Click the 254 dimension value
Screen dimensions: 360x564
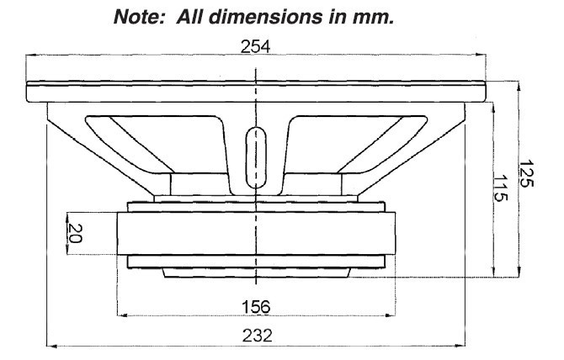[255, 48]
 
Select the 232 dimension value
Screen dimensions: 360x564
[254, 334]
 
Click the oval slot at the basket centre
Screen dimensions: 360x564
[255, 156]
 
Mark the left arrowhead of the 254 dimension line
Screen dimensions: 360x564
[31, 57]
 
